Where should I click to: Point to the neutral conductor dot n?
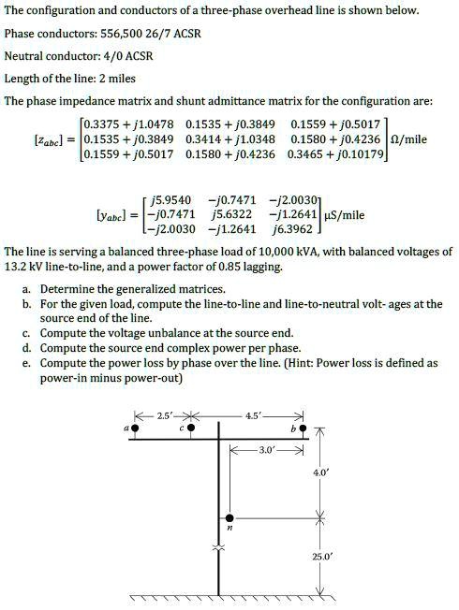pyautogui.click(x=230, y=515)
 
